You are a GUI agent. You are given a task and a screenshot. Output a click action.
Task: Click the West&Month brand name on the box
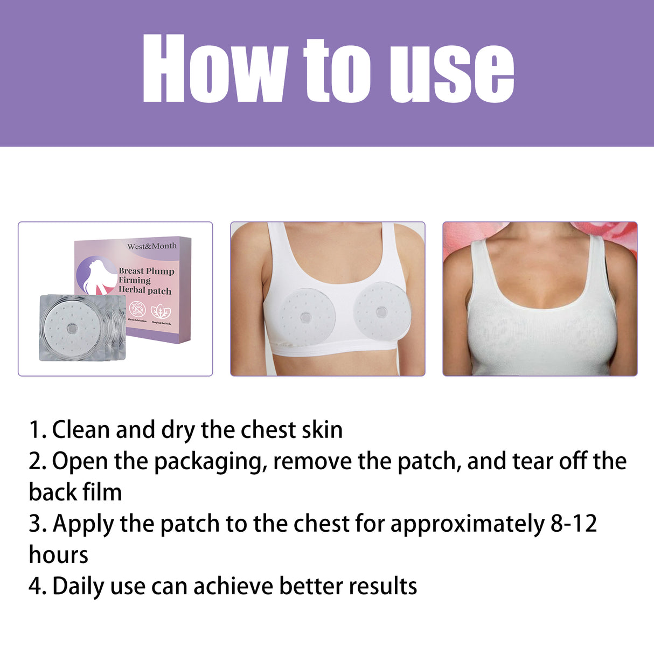tap(152, 246)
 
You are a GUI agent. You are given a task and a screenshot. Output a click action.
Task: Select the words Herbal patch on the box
tap(145, 291)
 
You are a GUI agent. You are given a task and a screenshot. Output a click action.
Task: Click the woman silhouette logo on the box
tap(96, 275)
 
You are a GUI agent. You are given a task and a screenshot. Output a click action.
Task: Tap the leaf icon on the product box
tap(159, 311)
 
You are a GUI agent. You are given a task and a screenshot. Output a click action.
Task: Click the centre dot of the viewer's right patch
tap(381, 311)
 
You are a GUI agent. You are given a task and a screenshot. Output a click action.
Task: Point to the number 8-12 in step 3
tap(573, 524)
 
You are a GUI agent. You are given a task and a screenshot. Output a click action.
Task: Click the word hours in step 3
tap(58, 555)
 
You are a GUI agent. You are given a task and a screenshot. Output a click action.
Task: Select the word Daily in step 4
tap(78, 587)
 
